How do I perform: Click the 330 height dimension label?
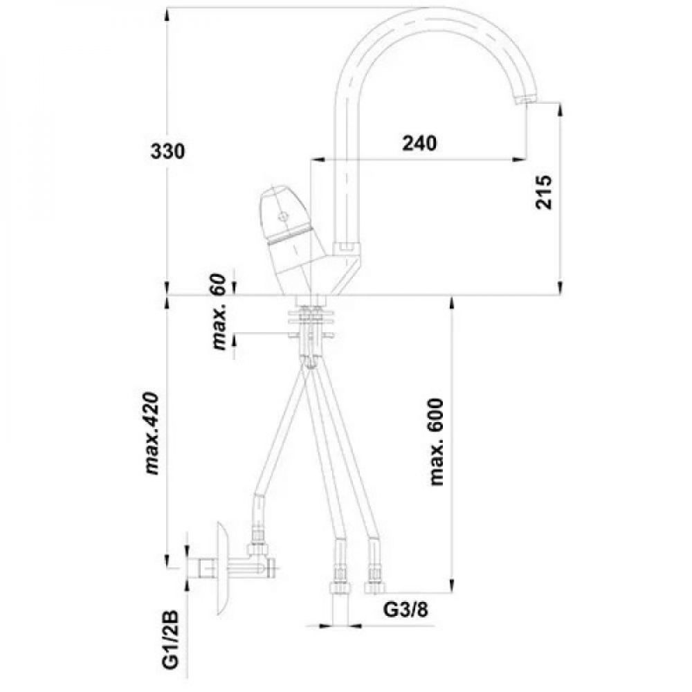(x=168, y=152)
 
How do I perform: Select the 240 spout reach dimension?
(x=419, y=143)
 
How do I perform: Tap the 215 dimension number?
(x=544, y=192)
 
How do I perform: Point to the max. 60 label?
(x=219, y=311)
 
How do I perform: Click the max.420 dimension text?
(x=152, y=433)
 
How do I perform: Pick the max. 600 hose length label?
(x=437, y=441)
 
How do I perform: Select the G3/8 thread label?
(x=405, y=610)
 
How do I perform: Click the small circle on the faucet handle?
(x=282, y=217)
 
